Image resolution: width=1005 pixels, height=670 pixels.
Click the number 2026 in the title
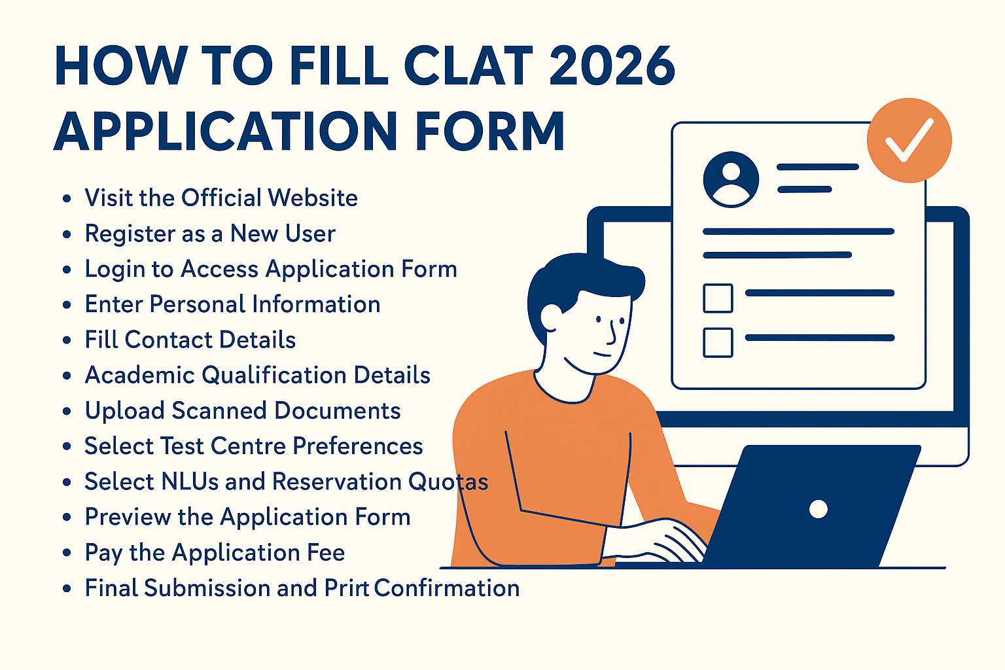click(612, 65)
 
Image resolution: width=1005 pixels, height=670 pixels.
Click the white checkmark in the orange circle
click(909, 140)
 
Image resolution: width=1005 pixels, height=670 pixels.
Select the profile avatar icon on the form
click(731, 179)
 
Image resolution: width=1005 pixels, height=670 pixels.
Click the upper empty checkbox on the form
click(718, 298)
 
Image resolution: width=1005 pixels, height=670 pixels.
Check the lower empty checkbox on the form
click(718, 342)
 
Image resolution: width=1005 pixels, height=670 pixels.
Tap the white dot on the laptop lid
click(819, 509)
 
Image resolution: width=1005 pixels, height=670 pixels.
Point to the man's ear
click(551, 317)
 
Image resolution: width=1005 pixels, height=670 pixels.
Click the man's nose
click(612, 334)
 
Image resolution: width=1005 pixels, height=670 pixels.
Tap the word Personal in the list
click(198, 304)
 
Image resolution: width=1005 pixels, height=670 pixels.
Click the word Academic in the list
click(139, 375)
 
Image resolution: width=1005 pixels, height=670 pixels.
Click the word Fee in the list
click(326, 552)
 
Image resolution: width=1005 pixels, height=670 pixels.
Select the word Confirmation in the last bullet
click(447, 588)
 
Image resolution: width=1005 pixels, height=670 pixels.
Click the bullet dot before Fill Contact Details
click(67, 340)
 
